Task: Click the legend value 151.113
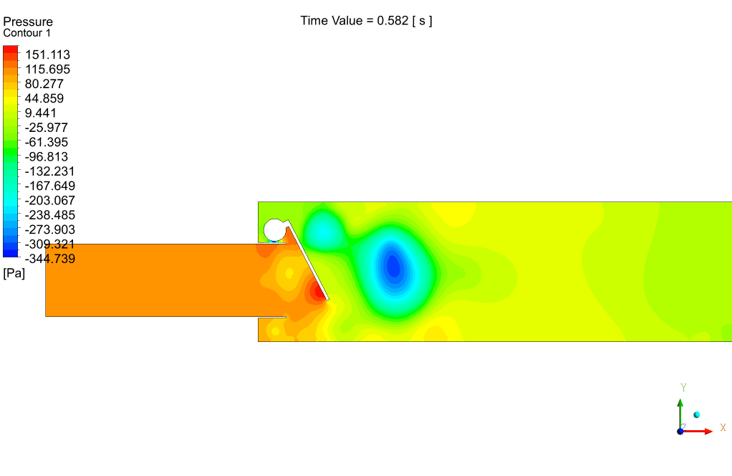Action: coord(47,54)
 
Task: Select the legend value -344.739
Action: coord(50,259)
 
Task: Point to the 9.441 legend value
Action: coord(41,113)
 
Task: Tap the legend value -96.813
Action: coord(47,157)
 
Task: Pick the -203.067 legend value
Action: coord(50,201)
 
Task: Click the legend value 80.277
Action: coord(44,84)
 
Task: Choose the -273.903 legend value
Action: coord(50,230)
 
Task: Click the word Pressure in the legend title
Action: coord(28,22)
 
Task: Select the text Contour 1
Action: coord(27,33)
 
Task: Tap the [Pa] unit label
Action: coord(14,273)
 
